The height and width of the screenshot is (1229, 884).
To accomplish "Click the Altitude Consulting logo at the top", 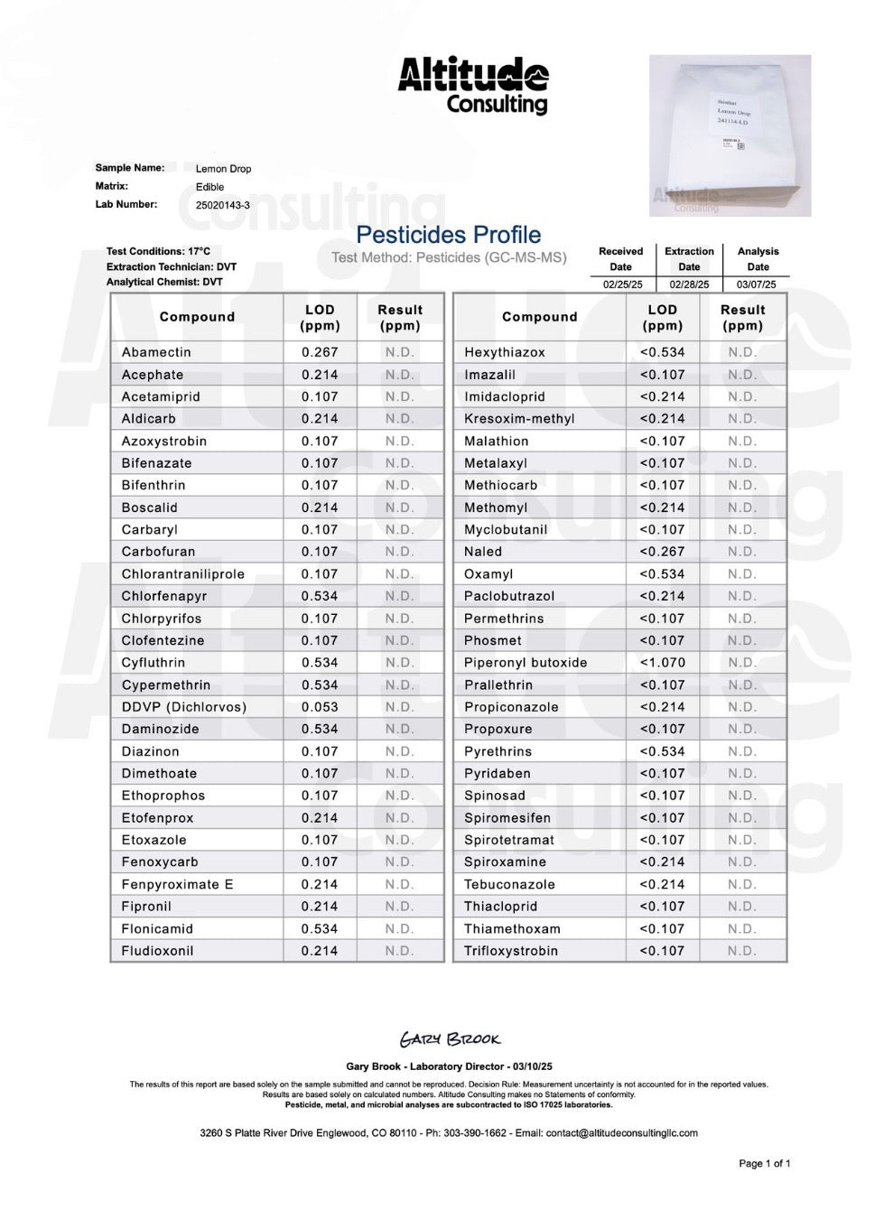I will pyautogui.click(x=472, y=86).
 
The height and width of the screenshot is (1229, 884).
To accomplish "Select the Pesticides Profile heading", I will pyautogui.click(x=448, y=235).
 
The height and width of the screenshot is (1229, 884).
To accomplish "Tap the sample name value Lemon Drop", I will pyautogui.click(x=223, y=169).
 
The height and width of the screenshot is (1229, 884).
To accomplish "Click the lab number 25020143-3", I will pyautogui.click(x=223, y=205).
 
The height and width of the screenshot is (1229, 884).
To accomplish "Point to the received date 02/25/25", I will pyautogui.click(x=622, y=284).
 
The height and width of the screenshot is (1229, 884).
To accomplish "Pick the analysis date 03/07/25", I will pyautogui.click(x=757, y=284).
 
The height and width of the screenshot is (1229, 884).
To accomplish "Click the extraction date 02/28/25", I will pyautogui.click(x=689, y=284).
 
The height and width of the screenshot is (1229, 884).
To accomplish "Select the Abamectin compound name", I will pyautogui.click(x=156, y=352).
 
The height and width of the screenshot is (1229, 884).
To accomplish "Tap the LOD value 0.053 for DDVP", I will pyautogui.click(x=320, y=707).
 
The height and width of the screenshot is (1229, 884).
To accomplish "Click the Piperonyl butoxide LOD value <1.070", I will pyautogui.click(x=662, y=663).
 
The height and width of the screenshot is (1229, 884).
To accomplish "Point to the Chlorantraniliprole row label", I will pyautogui.click(x=182, y=574).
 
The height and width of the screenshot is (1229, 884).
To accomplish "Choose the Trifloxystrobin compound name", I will pyautogui.click(x=510, y=951).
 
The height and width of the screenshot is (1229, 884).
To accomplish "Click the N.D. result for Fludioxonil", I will pyautogui.click(x=399, y=951).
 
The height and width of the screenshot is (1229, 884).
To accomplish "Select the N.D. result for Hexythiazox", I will pyautogui.click(x=742, y=352).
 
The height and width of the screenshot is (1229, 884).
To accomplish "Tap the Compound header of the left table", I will pyautogui.click(x=197, y=317).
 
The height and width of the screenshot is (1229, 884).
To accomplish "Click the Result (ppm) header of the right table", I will pyautogui.click(x=742, y=318).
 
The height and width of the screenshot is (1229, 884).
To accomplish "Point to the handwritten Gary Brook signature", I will pyautogui.click(x=450, y=1039).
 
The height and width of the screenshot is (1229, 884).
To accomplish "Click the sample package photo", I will pyautogui.click(x=730, y=135).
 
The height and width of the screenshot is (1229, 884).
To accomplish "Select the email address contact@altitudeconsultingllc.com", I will pyautogui.click(x=621, y=1133).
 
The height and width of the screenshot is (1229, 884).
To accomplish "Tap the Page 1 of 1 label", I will pyautogui.click(x=764, y=1163).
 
